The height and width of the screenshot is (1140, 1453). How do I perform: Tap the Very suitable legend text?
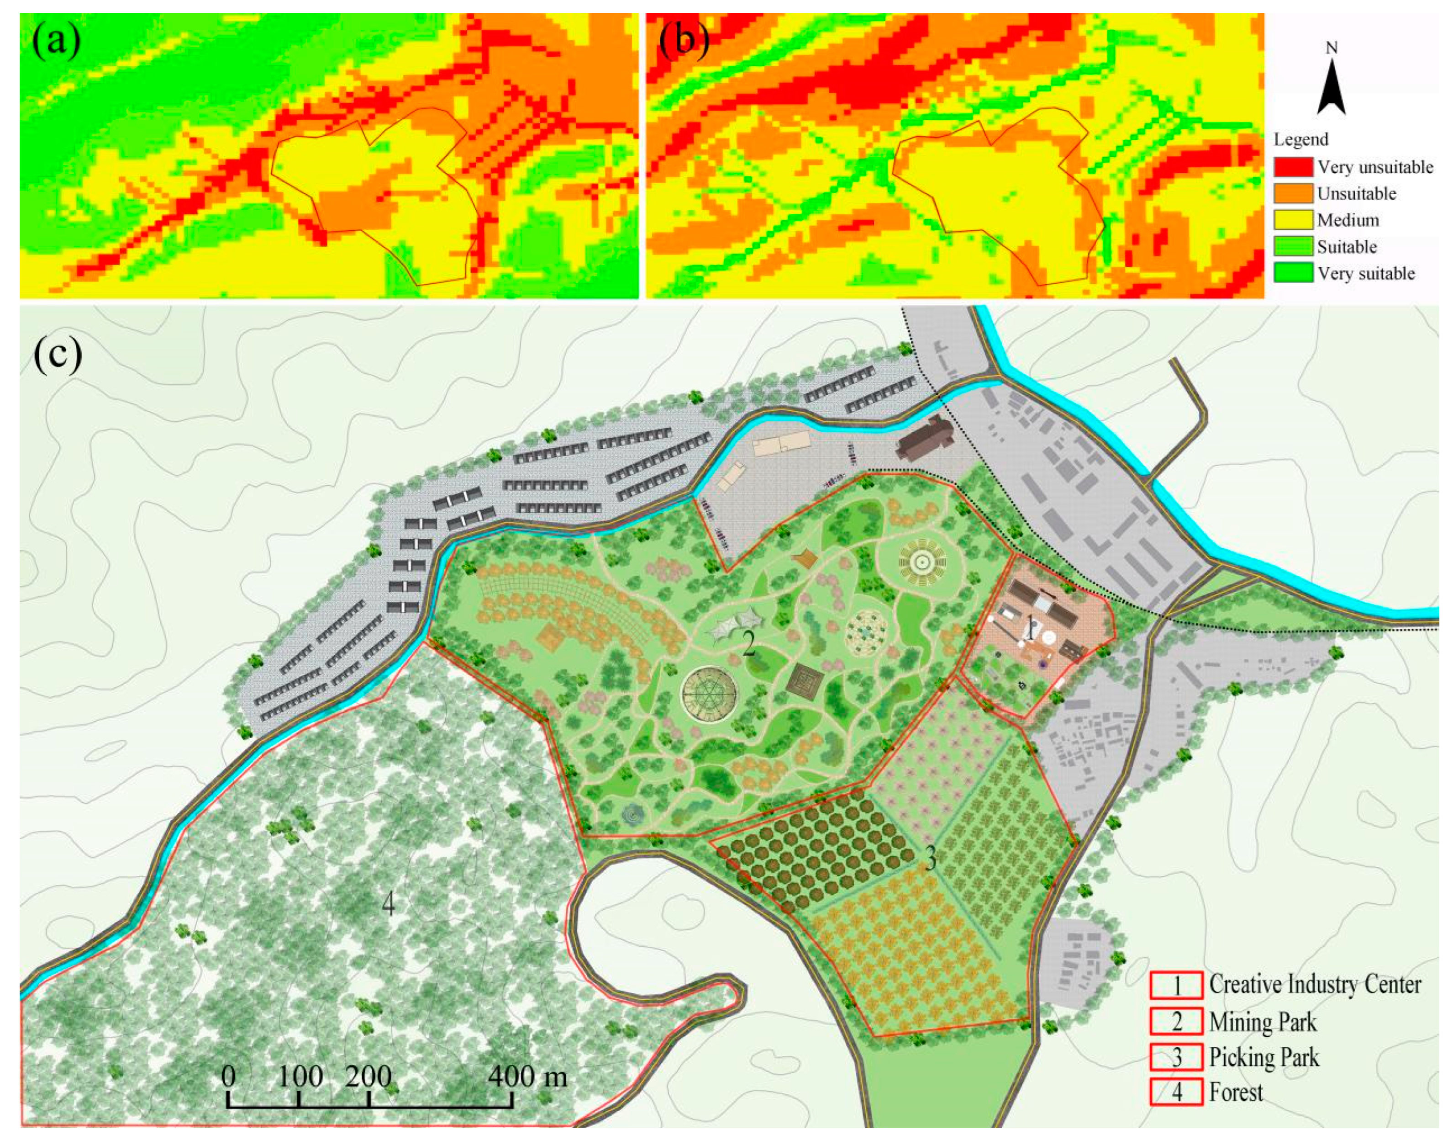[x=1366, y=274]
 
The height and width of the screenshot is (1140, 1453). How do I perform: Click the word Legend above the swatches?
[x=1301, y=139]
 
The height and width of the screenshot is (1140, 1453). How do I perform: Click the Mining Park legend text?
[x=1263, y=1022]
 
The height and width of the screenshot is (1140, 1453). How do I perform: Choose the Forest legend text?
[x=1236, y=1092]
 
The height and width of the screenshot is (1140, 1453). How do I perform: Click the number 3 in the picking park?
[x=930, y=860]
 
